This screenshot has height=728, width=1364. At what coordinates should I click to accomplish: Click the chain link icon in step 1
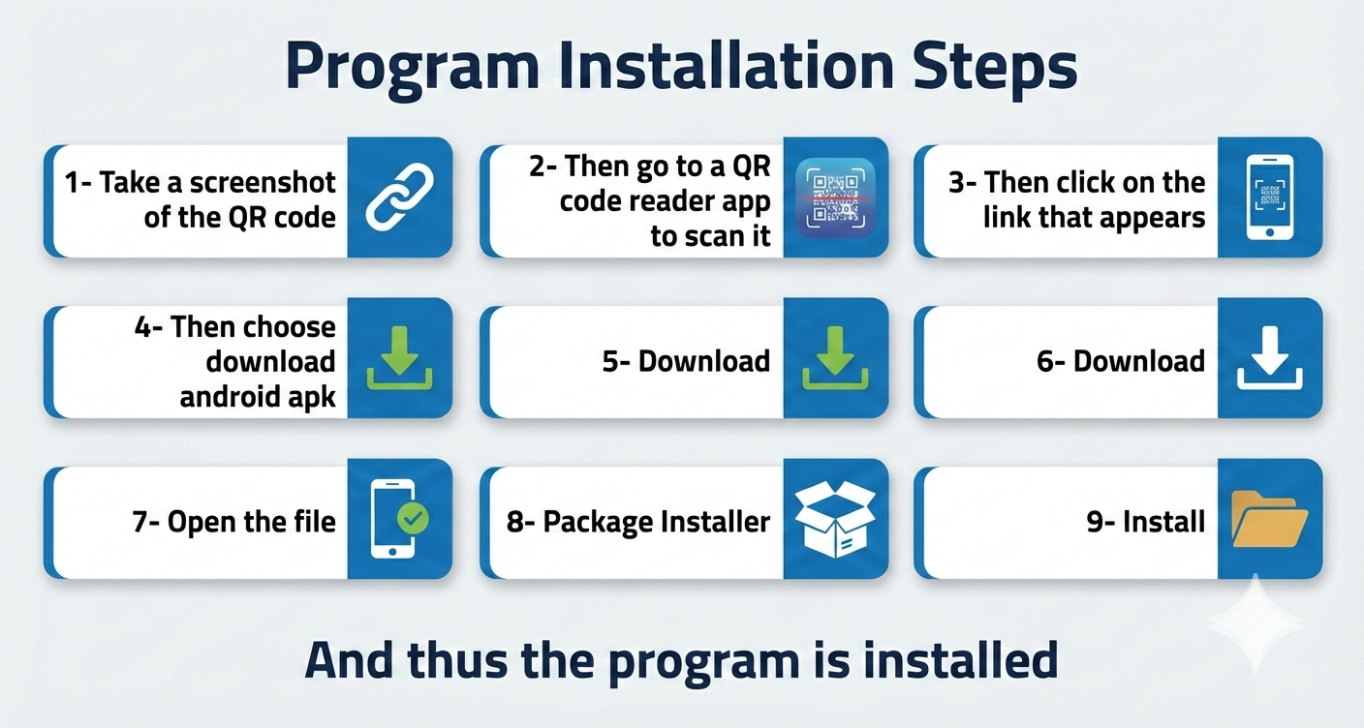tap(399, 197)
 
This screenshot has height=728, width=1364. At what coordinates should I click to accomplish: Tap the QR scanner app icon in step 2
tap(835, 197)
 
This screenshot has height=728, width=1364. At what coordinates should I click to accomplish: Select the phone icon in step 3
tap(1270, 197)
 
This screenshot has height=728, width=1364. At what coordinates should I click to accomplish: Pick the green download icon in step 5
tap(835, 357)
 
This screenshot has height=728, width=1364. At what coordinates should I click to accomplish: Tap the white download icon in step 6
tap(1270, 357)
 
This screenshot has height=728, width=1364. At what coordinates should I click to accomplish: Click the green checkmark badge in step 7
tap(413, 518)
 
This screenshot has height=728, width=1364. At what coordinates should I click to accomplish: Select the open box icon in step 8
tap(835, 519)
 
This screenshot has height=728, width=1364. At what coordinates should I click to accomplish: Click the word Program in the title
tap(413, 67)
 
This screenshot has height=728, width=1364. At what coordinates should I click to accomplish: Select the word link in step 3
tap(1007, 217)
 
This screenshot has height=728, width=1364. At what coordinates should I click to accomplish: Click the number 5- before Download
tap(615, 361)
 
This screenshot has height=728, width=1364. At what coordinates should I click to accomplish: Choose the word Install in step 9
tap(1163, 522)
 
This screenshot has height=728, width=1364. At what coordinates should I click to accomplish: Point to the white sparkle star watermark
tap(1255, 622)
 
